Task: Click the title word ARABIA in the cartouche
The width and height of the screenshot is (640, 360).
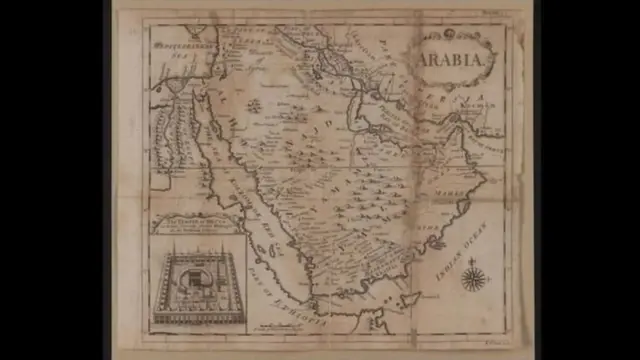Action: [456, 59]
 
